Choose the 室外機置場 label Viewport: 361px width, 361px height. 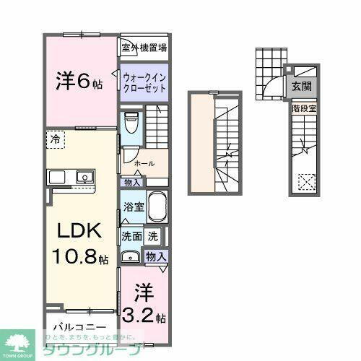[144, 48]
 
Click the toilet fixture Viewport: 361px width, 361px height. [131, 123]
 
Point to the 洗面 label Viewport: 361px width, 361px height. [131, 235]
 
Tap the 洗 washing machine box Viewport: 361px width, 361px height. [153, 235]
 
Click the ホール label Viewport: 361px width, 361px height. [144, 163]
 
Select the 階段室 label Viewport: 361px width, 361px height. [303, 108]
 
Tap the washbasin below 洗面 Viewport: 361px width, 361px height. [131, 256]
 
